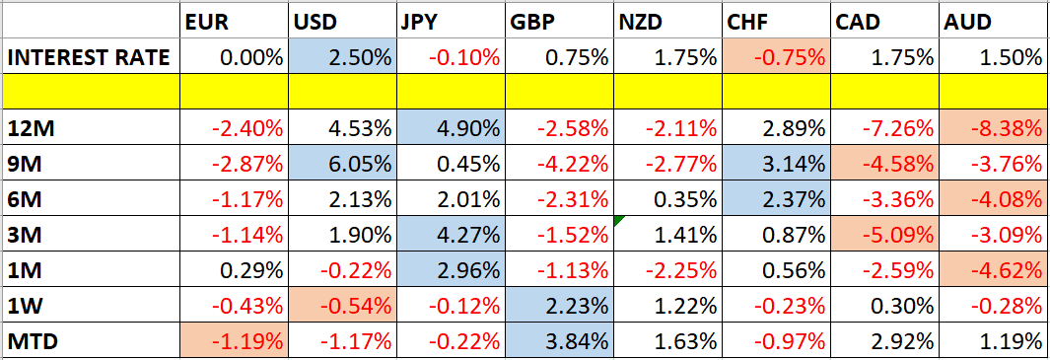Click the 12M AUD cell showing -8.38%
tap(990, 128)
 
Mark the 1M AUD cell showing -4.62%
tap(990, 270)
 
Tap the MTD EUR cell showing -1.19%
tap(233, 341)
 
